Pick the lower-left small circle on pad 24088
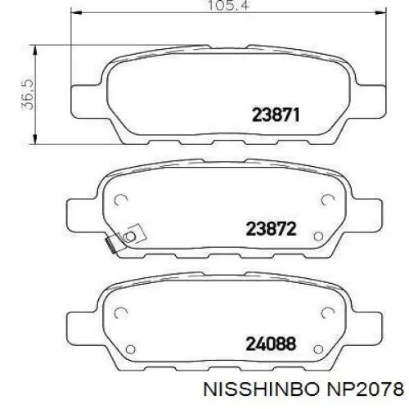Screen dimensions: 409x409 pyautogui.click(x=120, y=349)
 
